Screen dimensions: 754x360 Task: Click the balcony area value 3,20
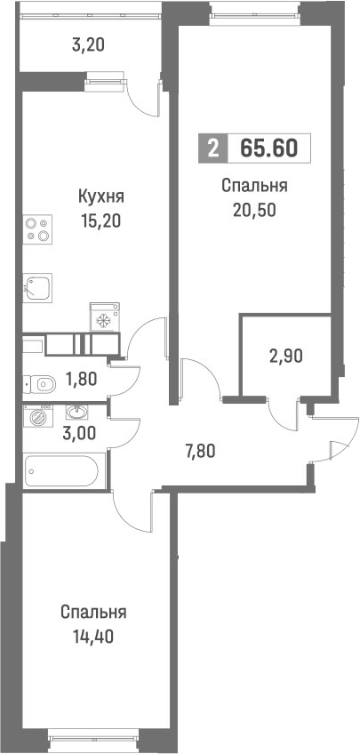[88, 44]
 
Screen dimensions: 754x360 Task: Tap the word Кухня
[100, 197]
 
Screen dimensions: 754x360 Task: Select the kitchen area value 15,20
[100, 219]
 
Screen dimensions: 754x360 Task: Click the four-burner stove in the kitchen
[36, 229]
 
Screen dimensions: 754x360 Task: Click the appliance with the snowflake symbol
[101, 319]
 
